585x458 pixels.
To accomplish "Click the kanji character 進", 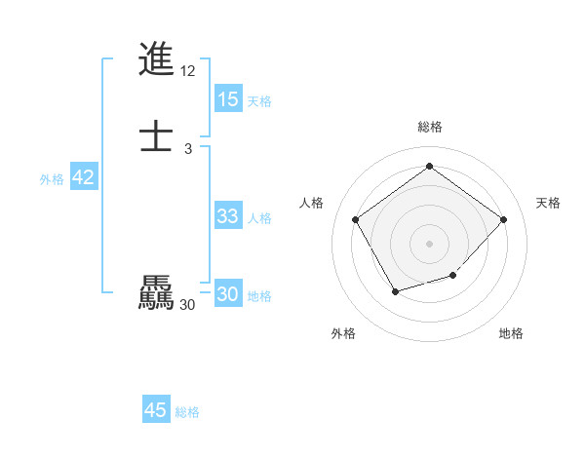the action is pos(156,59).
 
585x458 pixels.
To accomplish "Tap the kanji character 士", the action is pos(156,135).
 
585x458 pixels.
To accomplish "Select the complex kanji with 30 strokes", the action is pos(156,293).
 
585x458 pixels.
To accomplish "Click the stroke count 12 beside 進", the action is pos(188,71).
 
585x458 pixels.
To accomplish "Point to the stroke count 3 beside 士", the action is pos(188,148).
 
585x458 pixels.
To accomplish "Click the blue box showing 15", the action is pos(228,99).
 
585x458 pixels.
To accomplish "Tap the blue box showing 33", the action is pos(228,216).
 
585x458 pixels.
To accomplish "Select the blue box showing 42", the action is pos(83,177).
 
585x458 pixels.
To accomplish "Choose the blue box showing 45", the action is pos(156,410).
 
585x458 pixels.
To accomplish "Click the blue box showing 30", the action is pos(228,294).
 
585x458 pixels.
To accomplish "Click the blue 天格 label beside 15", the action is pos(258,101).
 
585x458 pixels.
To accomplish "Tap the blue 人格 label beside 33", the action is pos(260,218).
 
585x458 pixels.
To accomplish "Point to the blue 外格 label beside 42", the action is pos(52,179).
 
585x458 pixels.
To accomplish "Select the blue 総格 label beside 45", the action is pos(187,412).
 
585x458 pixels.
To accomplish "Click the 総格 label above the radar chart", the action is pos(430,127).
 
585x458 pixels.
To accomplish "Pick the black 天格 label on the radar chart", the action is pos(548,203).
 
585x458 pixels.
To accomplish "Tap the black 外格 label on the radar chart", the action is pos(343,334).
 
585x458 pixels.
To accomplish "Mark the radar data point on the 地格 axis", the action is pos(453,276).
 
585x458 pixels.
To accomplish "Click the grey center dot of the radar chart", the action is pos(429,242).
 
